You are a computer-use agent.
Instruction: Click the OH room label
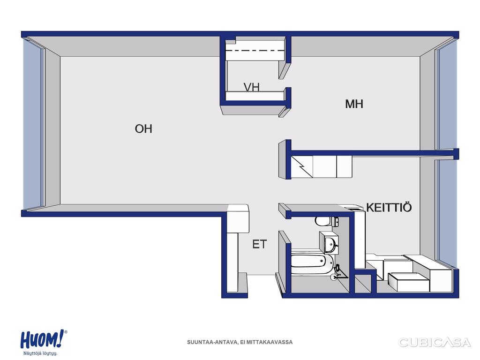point(143,128)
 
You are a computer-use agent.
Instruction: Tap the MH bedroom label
point(354,104)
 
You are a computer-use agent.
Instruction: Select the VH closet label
point(252,87)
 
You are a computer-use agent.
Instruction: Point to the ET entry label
point(260,244)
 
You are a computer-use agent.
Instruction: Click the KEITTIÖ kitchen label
point(389,207)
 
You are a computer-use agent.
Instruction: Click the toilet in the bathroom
point(326,221)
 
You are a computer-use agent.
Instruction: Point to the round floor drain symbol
point(333,277)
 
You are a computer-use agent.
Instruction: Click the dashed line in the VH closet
point(255,51)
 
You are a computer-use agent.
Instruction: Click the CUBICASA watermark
point(434,342)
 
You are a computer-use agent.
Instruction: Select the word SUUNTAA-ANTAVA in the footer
point(212,342)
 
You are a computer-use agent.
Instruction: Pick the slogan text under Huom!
point(40,353)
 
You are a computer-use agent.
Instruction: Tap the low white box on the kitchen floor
point(409,282)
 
